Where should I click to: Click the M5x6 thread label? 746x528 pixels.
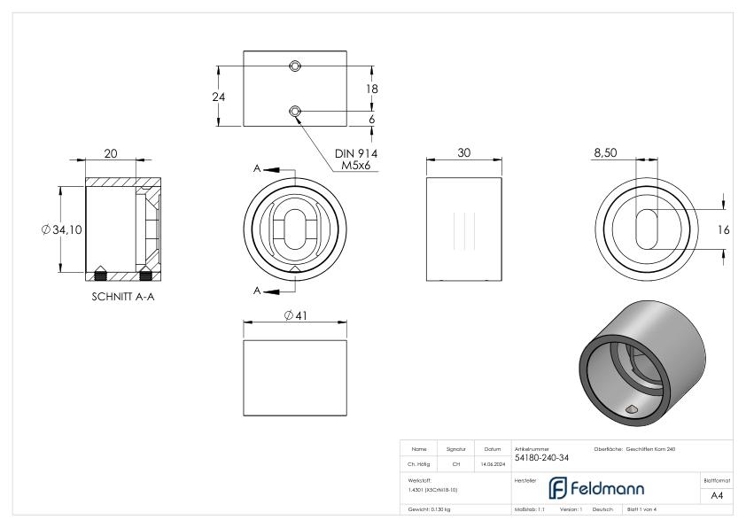(x=357, y=165)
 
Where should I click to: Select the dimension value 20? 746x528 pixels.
(x=111, y=153)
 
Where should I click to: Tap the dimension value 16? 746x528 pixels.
(x=725, y=229)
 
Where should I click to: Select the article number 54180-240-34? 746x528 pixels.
(x=541, y=457)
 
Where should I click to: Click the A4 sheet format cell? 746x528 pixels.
(x=719, y=495)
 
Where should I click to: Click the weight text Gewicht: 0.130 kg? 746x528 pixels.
(x=430, y=510)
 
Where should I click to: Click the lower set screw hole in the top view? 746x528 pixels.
(x=295, y=111)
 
